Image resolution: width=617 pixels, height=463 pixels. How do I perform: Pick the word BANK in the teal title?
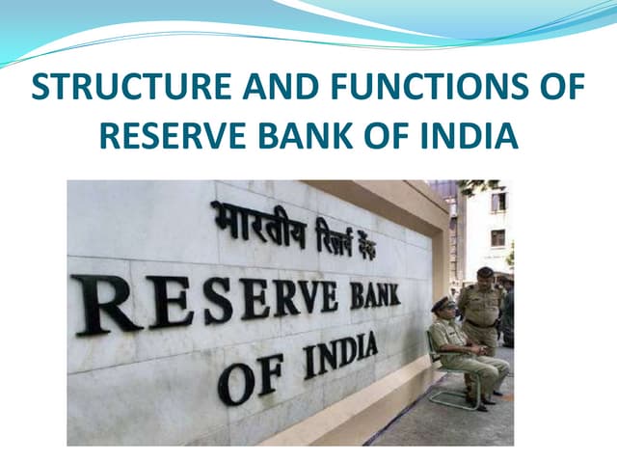click(x=314, y=135)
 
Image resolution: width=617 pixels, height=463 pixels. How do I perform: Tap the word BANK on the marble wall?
click(x=376, y=293)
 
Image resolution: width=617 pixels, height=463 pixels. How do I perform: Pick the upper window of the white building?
click(x=497, y=202)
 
